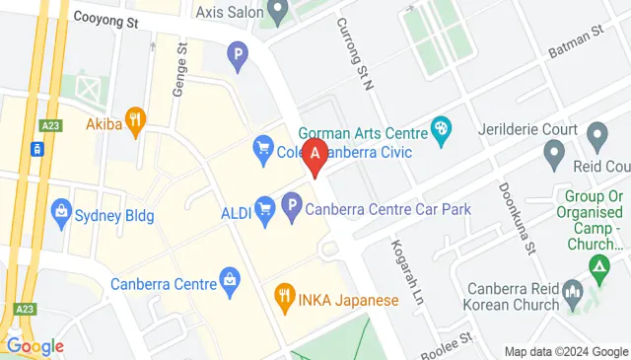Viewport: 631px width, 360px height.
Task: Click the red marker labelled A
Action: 315,156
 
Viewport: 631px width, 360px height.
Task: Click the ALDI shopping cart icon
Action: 264,208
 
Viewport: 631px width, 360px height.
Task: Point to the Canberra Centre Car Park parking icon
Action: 291,208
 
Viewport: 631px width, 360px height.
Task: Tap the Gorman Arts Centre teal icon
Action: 441,128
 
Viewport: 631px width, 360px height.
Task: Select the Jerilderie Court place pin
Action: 596,132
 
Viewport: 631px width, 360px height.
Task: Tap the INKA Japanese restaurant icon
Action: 284,293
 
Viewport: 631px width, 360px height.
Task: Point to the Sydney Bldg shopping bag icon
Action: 61,211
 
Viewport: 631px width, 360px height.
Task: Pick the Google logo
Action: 35,346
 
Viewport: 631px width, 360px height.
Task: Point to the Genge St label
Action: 179,68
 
